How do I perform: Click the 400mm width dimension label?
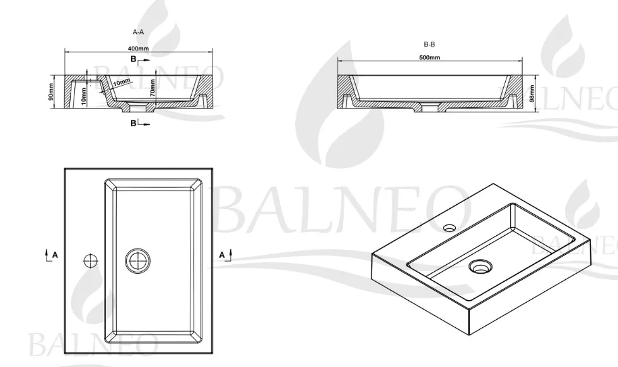(x=138, y=49)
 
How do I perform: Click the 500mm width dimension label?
(x=429, y=57)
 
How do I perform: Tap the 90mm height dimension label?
(x=51, y=91)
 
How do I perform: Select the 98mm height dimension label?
(x=532, y=93)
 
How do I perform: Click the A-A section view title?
(x=138, y=32)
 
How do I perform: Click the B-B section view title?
(x=429, y=45)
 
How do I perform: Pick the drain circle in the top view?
(x=138, y=261)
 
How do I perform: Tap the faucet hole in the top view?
(x=90, y=260)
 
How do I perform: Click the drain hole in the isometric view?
(x=480, y=267)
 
